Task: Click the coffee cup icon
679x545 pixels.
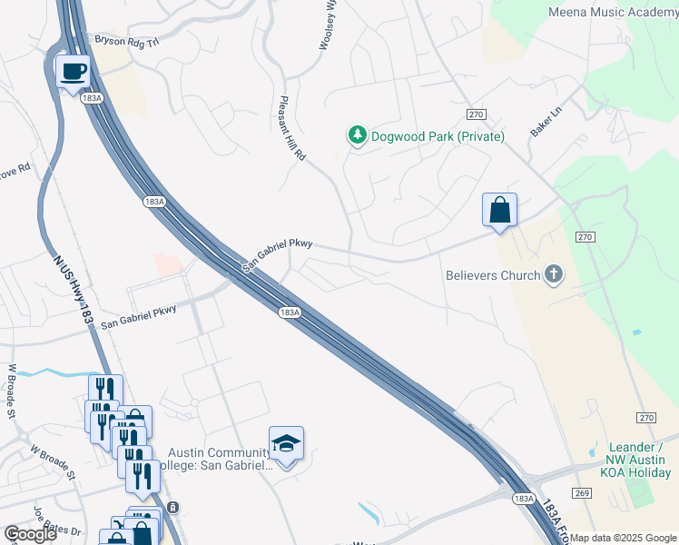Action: click(73, 71)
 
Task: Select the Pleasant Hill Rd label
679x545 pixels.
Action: click(292, 128)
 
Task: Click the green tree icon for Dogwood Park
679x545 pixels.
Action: click(358, 135)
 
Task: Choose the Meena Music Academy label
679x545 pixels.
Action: click(613, 12)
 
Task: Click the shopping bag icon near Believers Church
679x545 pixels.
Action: click(499, 211)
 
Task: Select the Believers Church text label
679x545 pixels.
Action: click(493, 275)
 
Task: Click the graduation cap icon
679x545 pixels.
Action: click(286, 443)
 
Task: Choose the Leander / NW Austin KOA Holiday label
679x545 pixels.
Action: click(634, 460)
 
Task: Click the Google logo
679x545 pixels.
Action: click(30, 534)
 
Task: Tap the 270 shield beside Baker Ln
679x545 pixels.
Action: click(477, 114)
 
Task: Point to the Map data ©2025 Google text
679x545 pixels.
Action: click(623, 538)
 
